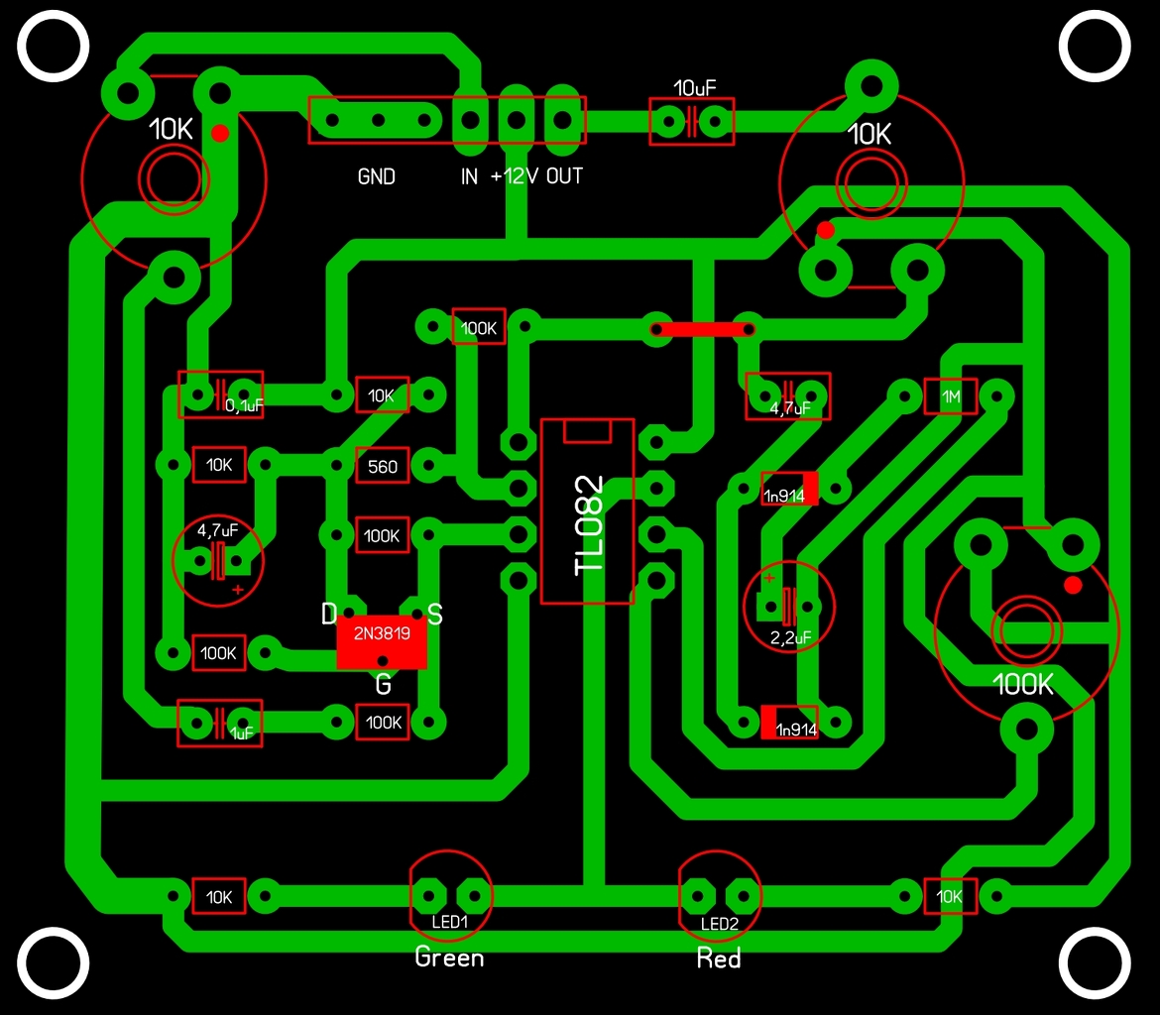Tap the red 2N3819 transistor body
(x=382, y=643)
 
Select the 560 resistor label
(x=382, y=466)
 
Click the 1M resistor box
(x=951, y=396)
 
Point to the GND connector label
(x=377, y=177)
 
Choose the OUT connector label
(x=565, y=177)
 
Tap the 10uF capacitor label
(x=692, y=86)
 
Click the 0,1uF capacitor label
(x=244, y=406)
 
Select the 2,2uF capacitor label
(x=790, y=638)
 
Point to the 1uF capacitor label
(x=243, y=734)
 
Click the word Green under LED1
(x=449, y=958)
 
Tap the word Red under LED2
(x=719, y=959)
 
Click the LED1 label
(x=450, y=923)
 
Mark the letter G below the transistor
(x=383, y=684)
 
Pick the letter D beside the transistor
(x=329, y=615)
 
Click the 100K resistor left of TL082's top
(x=479, y=327)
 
